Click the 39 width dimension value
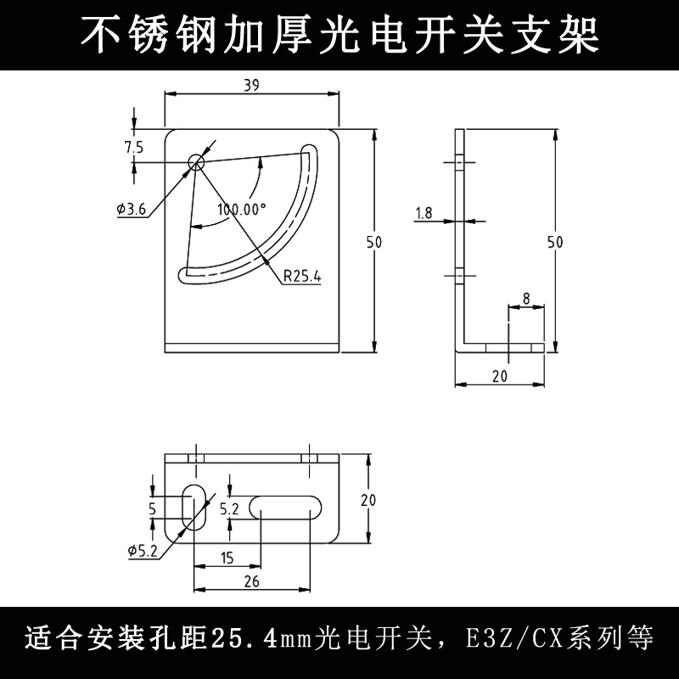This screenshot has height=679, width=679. (x=250, y=84)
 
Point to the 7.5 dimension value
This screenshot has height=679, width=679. (x=133, y=147)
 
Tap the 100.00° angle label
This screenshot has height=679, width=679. (x=241, y=209)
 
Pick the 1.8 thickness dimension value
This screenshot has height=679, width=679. (x=424, y=214)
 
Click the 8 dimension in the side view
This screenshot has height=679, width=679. (x=526, y=298)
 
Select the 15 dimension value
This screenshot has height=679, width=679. (x=227, y=558)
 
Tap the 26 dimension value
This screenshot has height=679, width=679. (x=252, y=581)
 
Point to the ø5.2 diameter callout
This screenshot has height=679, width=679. (x=143, y=550)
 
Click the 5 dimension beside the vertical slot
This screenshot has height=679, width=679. (x=152, y=509)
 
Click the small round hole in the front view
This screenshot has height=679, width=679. (x=197, y=161)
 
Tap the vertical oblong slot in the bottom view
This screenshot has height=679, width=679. (x=195, y=508)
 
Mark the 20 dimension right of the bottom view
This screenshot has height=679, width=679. (x=368, y=501)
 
